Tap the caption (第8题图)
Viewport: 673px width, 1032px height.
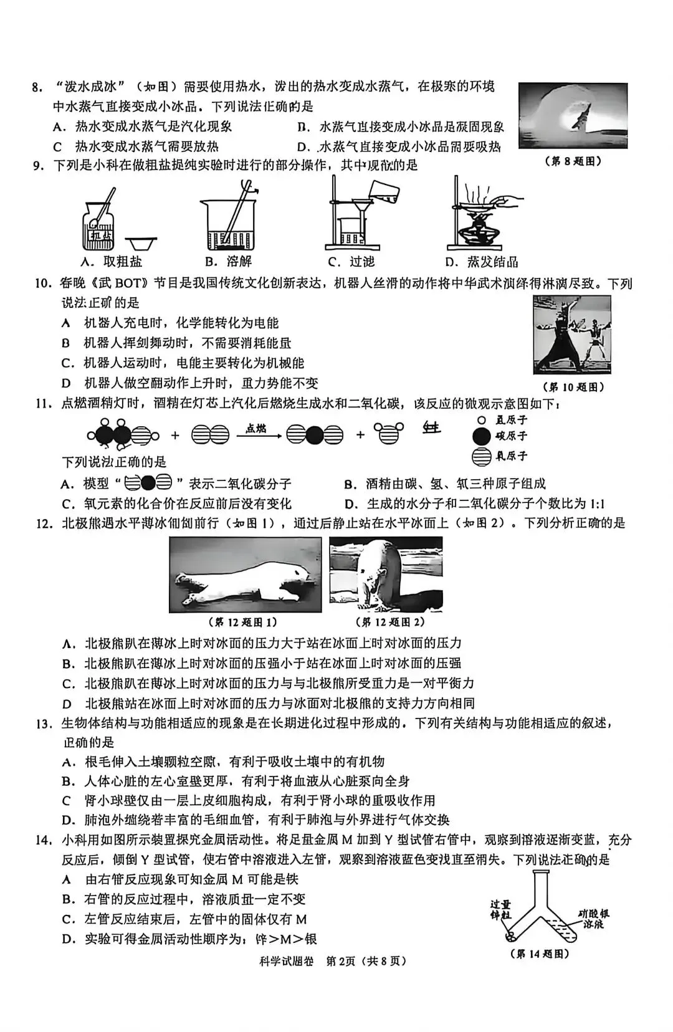(573, 161)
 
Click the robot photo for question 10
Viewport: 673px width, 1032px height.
(572, 335)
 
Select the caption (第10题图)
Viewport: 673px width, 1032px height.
(573, 387)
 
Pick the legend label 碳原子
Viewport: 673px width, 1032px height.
(510, 436)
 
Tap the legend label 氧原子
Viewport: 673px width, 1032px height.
(510, 456)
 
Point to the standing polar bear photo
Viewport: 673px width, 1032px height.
(386, 574)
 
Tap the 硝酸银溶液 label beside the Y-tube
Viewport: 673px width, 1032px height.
(592, 919)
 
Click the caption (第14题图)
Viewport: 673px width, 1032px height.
(540, 954)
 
